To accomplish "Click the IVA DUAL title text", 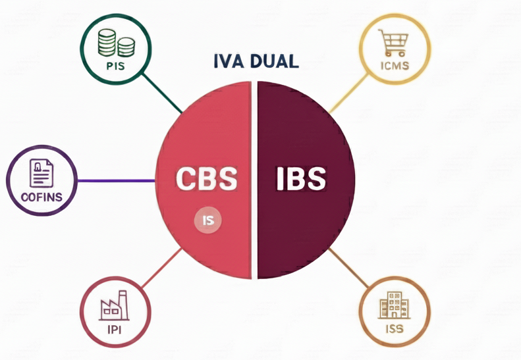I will pos(256,61).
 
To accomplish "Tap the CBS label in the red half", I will pos(206,179).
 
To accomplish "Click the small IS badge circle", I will pos(208,221).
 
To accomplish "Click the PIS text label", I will pos(115,66).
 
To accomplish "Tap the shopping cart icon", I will pos(393,44).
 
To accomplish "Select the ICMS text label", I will pos(395,66).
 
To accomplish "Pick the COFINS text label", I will pos(41,196).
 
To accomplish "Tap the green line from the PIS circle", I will pos(163,94).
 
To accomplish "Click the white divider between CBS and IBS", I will pos(254,179).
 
